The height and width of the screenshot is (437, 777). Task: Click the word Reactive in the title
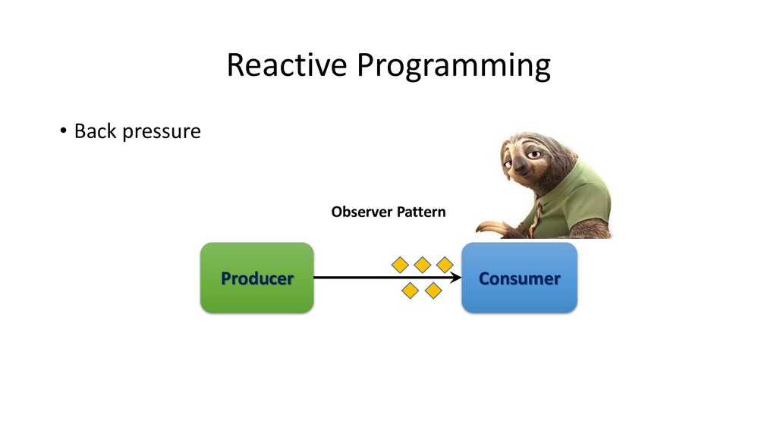(x=287, y=64)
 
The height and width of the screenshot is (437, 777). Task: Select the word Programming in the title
(x=454, y=67)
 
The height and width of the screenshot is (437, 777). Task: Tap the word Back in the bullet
(x=95, y=130)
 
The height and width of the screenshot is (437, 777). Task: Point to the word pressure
(x=162, y=133)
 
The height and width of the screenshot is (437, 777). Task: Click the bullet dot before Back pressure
(x=63, y=130)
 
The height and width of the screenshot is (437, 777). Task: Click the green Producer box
(x=257, y=278)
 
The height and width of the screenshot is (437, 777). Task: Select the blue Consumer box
(x=519, y=278)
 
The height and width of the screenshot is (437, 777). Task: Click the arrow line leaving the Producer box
(x=388, y=278)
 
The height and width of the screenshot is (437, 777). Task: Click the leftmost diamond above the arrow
(x=401, y=265)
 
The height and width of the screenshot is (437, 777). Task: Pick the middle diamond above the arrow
(x=422, y=265)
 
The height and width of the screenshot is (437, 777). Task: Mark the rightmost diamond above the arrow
(x=445, y=265)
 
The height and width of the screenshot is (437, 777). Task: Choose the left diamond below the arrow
(x=411, y=291)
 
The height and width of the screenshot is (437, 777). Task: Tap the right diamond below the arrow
(x=433, y=291)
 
